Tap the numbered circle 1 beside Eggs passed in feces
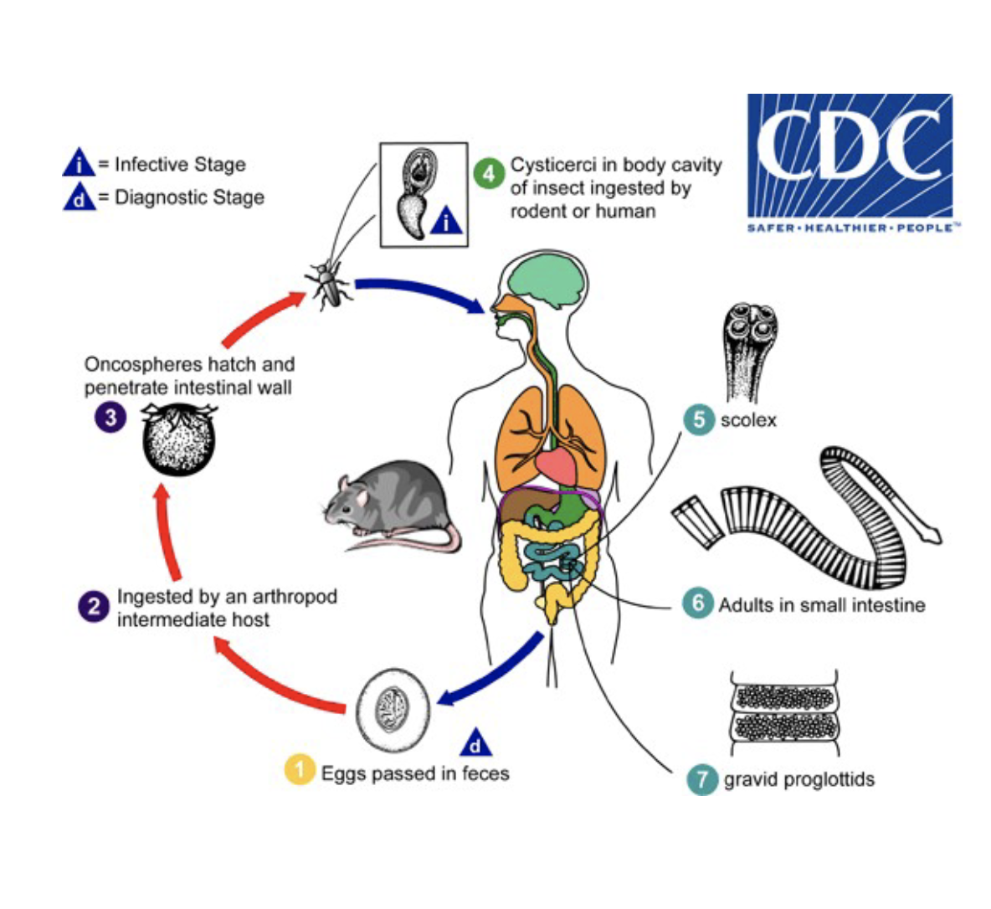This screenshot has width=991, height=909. pos(300,770)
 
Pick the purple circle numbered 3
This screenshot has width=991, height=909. pos(110,416)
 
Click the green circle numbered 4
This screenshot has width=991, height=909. pos(488,173)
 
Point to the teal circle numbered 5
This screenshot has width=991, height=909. pos(698,419)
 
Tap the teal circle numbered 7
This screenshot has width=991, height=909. pos(701,779)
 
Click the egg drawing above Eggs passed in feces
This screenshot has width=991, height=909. pos(393,711)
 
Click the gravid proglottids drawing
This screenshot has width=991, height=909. pos(785,713)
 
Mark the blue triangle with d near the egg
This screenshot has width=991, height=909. pos(475,743)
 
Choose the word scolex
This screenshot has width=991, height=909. pos(748,419)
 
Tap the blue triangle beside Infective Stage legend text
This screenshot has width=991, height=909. pos(78,163)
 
